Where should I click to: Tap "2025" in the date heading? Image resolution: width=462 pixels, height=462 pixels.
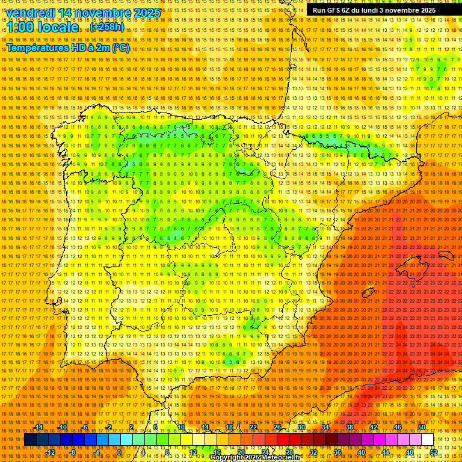(146, 13)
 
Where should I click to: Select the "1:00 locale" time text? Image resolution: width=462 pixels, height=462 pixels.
(42, 27)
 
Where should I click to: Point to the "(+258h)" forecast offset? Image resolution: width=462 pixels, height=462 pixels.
(107, 27)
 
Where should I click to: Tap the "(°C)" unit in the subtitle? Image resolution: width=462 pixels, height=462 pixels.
(120, 48)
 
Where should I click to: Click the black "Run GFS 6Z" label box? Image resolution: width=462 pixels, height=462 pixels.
(374, 10)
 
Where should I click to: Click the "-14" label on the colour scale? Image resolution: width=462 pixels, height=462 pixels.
(39, 427)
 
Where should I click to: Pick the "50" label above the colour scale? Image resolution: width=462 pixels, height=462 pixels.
(422, 427)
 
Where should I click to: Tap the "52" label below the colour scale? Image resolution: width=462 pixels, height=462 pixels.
(434, 452)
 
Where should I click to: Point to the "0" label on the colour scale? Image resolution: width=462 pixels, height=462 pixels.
(119, 452)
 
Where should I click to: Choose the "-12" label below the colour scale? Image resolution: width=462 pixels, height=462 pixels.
(51, 452)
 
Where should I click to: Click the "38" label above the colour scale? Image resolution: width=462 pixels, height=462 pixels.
(349, 427)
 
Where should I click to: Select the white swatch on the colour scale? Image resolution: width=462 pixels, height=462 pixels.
(427, 440)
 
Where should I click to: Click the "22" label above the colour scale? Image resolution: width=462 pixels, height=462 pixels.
(253, 427)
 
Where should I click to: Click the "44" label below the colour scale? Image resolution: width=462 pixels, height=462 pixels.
(385, 452)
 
